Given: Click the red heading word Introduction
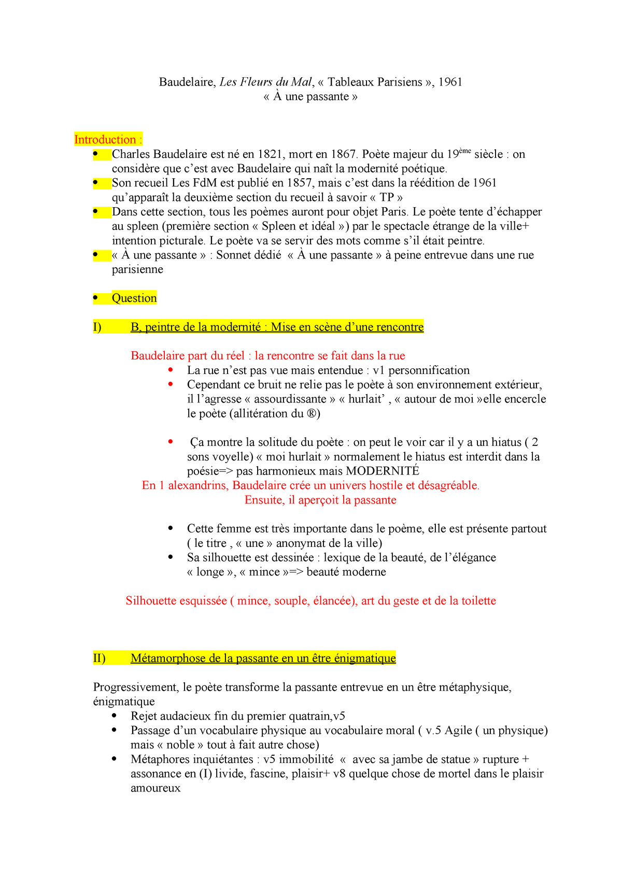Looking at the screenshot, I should click(x=105, y=140).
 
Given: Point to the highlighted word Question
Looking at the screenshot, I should click(x=134, y=298).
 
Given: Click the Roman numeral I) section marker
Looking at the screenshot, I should click(x=97, y=327).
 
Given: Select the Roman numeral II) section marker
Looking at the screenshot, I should click(x=99, y=658).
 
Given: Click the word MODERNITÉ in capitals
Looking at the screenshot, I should click(x=383, y=471).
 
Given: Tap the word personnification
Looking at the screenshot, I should click(x=429, y=370).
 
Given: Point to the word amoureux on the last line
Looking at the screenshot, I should click(x=155, y=788).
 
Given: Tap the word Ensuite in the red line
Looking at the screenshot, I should click(x=264, y=500).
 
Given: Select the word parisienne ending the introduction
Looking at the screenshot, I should click(x=137, y=270).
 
